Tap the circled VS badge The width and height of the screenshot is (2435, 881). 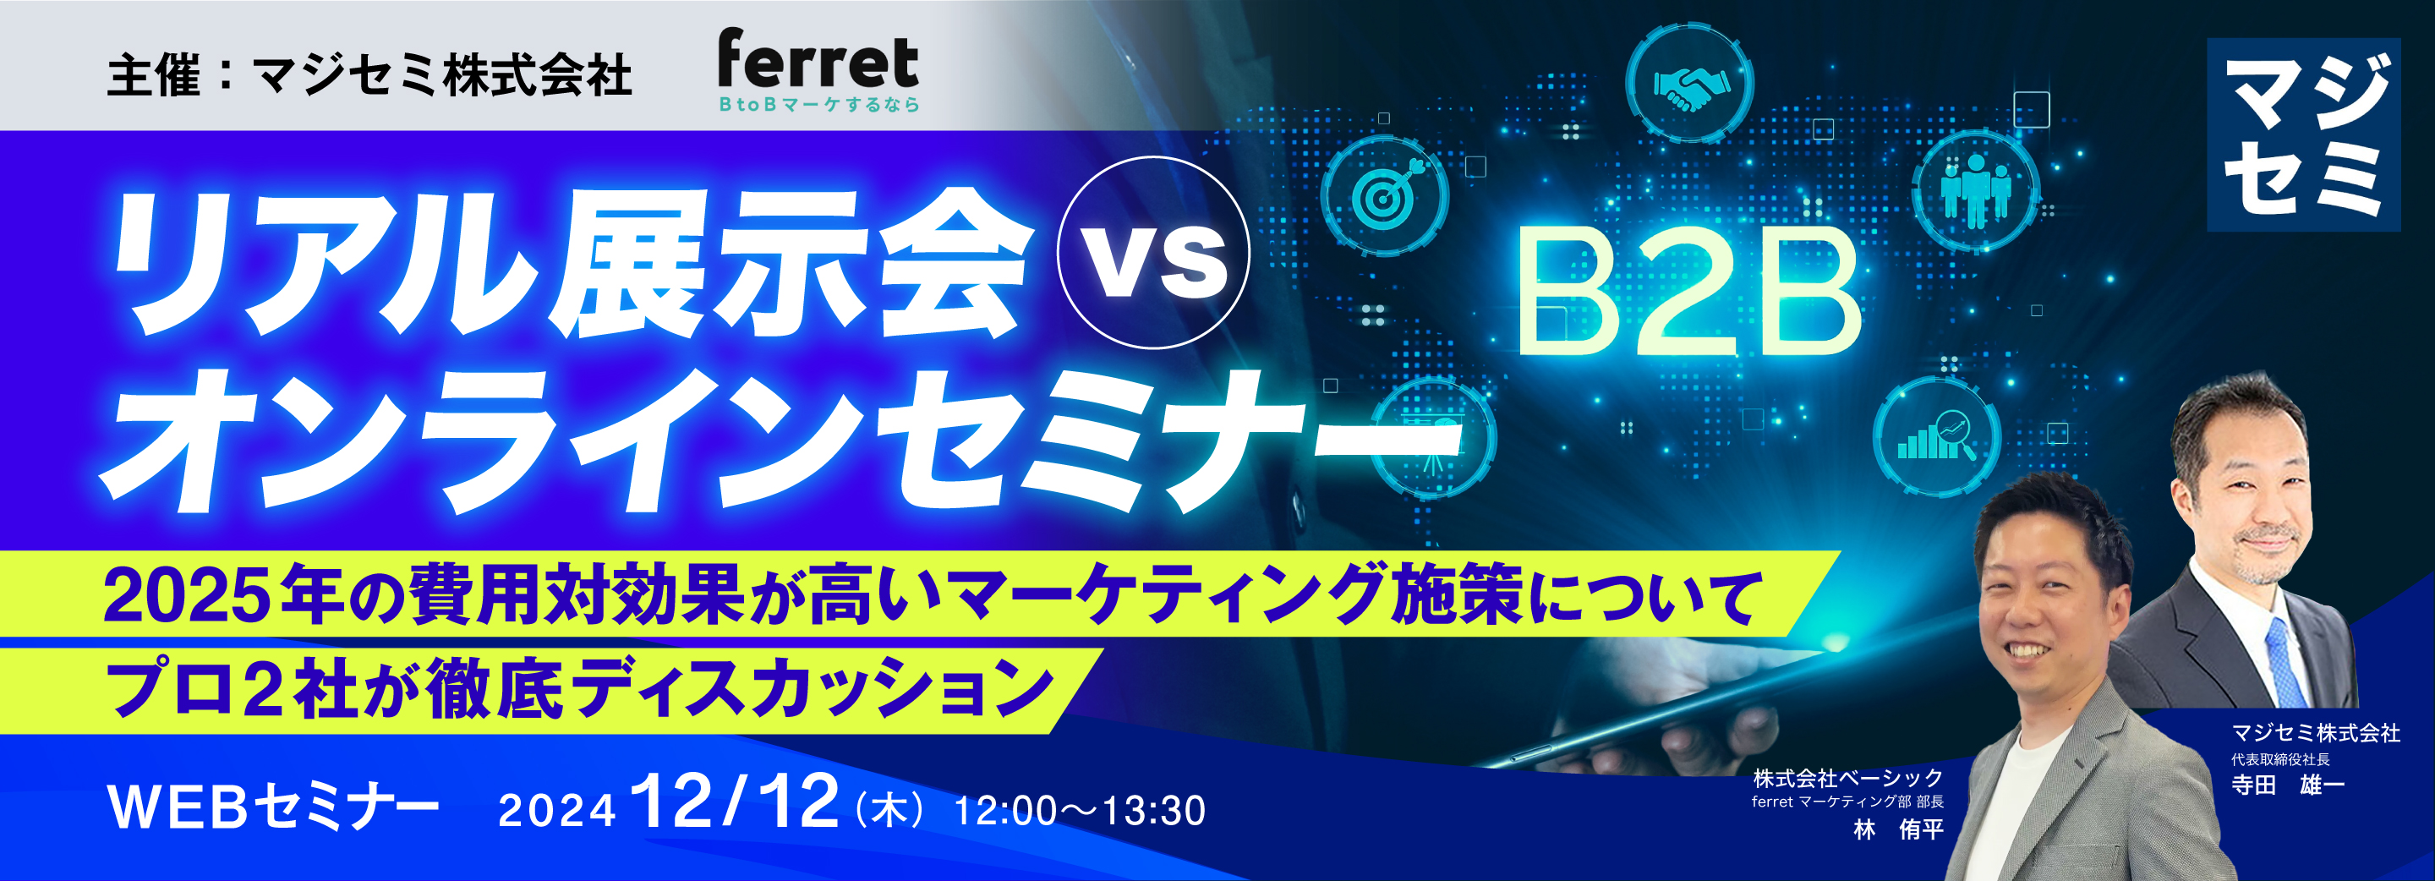(1153, 253)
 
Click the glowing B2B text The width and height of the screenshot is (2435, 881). (1688, 294)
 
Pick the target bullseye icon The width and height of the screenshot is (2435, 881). (1385, 194)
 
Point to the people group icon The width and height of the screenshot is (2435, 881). (1975, 190)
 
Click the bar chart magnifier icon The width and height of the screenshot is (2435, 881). (1936, 438)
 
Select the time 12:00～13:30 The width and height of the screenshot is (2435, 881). (1080, 811)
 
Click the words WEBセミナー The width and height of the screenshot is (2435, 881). (274, 807)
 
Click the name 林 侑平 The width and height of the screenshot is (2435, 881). (1898, 830)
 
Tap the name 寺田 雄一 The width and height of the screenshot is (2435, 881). (2288, 785)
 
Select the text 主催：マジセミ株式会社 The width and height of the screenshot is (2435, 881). (369, 74)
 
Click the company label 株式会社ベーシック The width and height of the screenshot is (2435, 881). (1848, 778)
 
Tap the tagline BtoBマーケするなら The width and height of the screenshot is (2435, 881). (818, 105)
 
